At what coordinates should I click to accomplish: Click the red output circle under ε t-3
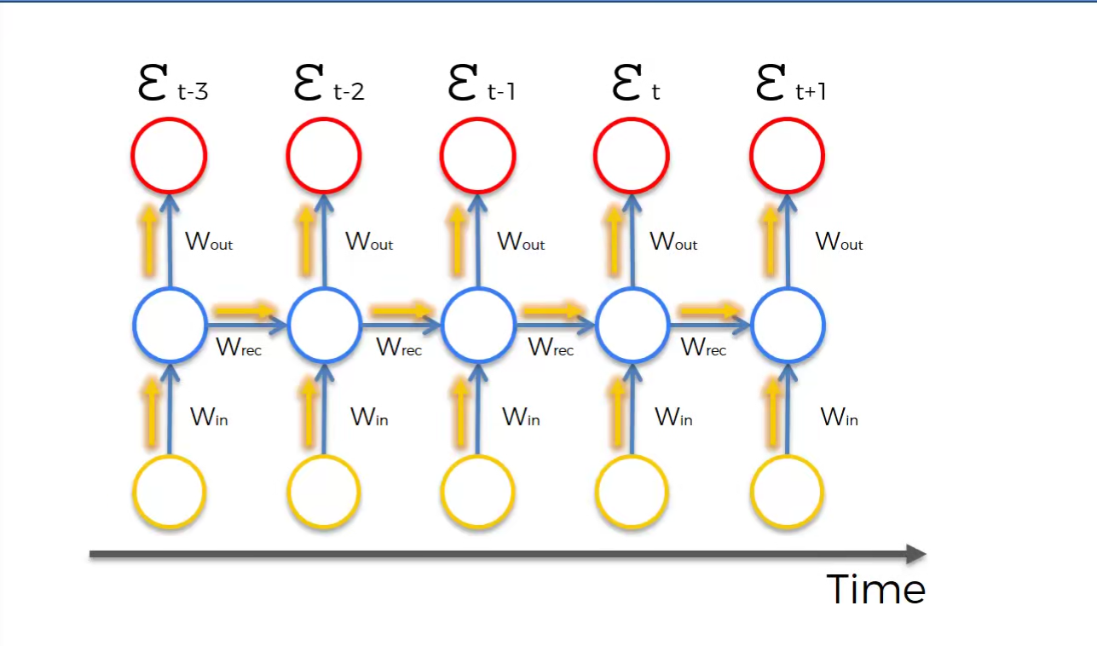click(169, 155)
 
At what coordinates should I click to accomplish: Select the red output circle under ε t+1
click(787, 155)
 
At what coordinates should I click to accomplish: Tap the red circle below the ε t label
click(632, 155)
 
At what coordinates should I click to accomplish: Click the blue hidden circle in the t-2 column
click(324, 325)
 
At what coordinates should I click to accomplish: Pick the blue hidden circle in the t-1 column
click(478, 325)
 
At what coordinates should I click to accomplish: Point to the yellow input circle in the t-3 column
click(170, 492)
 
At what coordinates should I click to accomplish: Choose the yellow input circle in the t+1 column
click(787, 492)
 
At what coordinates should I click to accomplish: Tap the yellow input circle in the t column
click(632, 492)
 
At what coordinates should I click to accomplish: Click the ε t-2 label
click(329, 85)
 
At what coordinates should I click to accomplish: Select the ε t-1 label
click(481, 85)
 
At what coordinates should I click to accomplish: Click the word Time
click(875, 589)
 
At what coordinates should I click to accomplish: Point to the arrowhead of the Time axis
click(916, 555)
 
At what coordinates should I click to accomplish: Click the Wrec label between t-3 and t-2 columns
click(239, 347)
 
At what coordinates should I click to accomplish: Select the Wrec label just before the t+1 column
click(703, 347)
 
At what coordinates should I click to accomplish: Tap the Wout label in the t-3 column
click(209, 242)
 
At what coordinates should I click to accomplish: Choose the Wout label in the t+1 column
click(839, 242)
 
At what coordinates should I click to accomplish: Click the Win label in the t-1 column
click(521, 418)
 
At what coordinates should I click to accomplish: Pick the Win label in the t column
click(673, 418)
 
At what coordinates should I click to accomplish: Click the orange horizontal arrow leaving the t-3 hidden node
click(244, 310)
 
